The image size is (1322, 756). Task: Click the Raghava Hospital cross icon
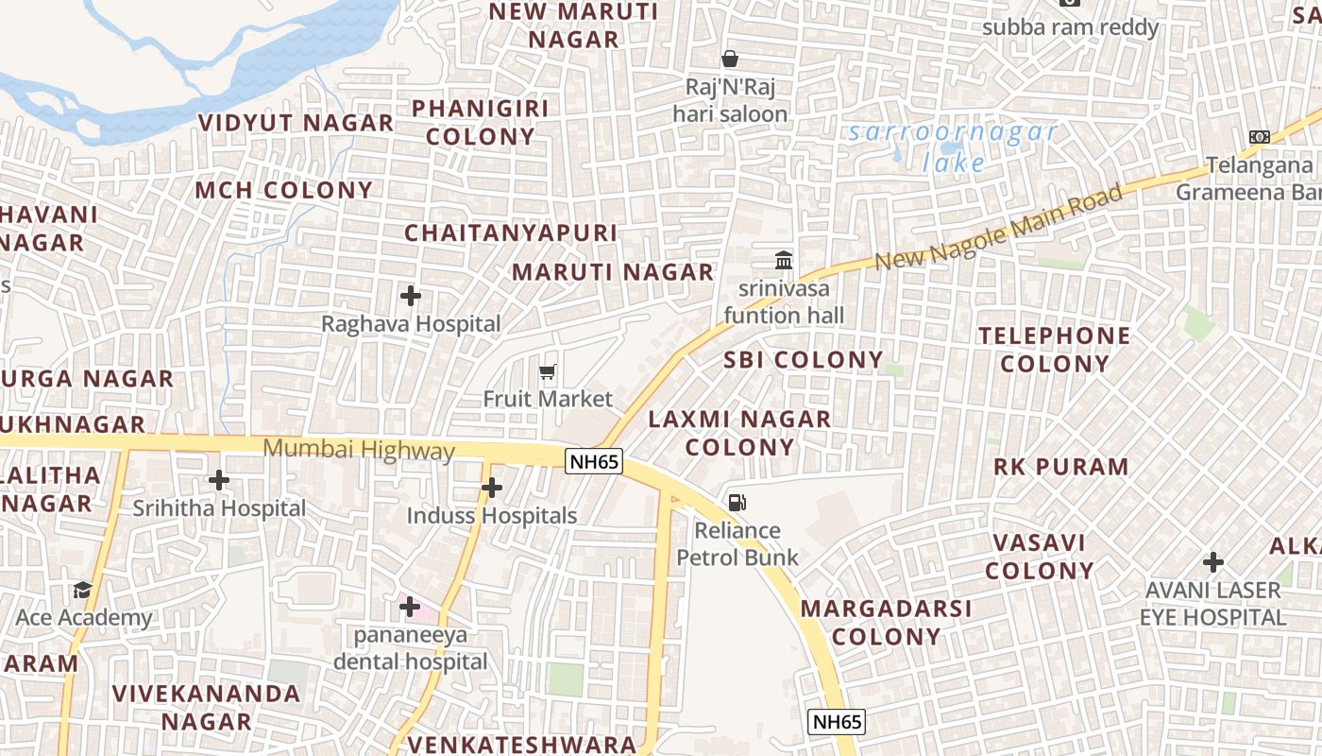(411, 296)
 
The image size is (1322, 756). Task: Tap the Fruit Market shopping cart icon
(548, 372)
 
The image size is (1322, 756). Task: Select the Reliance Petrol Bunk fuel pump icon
(737, 503)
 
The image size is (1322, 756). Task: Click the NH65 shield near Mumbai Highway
(594, 461)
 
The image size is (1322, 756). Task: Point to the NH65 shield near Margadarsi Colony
(837, 722)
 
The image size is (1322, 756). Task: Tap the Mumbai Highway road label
(359, 450)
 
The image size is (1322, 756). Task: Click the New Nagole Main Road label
(999, 227)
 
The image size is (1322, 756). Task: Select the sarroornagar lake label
(953, 146)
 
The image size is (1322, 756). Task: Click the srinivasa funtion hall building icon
(784, 260)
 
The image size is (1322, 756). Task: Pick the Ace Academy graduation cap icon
(82, 591)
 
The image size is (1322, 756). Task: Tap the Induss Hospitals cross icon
(491, 488)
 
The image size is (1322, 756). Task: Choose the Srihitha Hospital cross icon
(219, 480)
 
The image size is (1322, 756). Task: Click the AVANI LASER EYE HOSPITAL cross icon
(1213, 563)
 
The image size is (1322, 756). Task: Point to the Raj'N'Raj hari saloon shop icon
(730, 59)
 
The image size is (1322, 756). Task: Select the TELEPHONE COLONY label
(1055, 350)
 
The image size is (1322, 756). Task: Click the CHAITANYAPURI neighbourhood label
(511, 232)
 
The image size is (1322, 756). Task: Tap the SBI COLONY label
(804, 360)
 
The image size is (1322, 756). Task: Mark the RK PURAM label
(1061, 467)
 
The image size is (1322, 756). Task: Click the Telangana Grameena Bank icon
(1260, 137)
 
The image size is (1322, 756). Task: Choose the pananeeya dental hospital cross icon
(410, 606)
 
